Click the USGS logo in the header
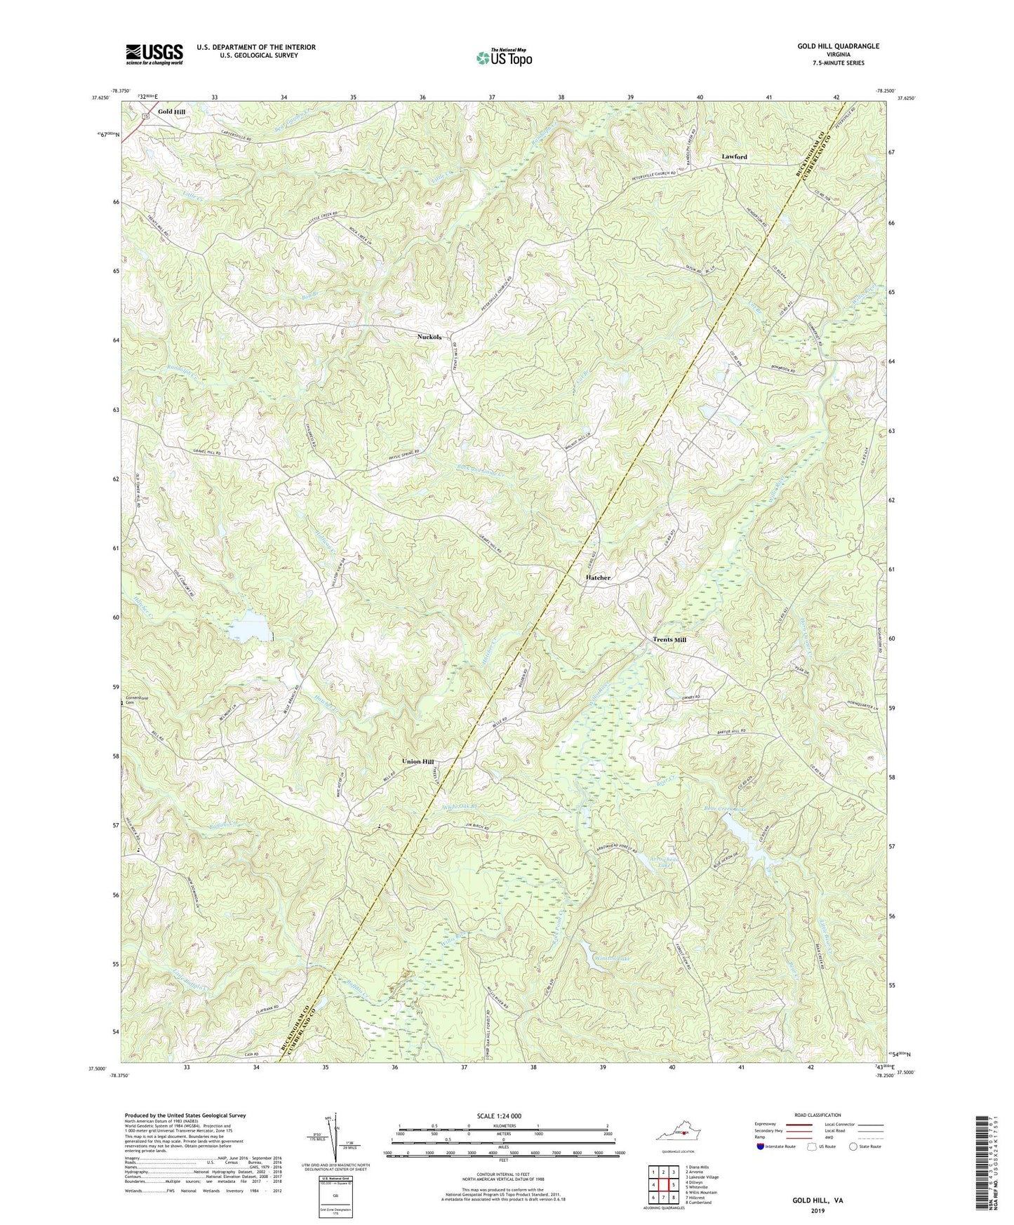(x=154, y=54)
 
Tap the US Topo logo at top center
(x=503, y=58)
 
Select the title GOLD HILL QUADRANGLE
(x=838, y=46)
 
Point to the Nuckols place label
(x=429, y=337)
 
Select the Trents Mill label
(x=669, y=640)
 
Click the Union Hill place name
(x=418, y=762)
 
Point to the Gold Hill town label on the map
(x=171, y=112)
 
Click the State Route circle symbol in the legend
(x=853, y=1146)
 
